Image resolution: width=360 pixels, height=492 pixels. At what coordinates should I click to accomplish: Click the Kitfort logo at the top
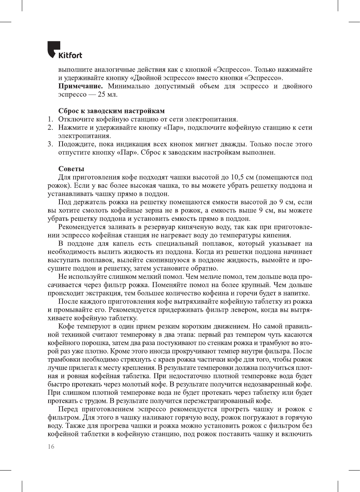[x=64, y=50]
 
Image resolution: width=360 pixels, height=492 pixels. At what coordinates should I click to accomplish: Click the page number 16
[x=51, y=447]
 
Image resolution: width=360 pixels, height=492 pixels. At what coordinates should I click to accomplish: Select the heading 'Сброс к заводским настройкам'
[x=111, y=111]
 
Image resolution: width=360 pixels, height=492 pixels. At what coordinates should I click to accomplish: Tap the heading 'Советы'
[x=71, y=169]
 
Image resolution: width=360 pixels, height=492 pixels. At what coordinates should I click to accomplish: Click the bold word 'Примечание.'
[x=80, y=86]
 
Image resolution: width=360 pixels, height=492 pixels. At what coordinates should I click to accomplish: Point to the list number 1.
[x=50, y=119]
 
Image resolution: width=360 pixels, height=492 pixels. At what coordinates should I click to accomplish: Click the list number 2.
[x=50, y=128]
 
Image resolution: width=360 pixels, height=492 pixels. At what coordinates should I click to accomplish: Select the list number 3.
[x=50, y=144]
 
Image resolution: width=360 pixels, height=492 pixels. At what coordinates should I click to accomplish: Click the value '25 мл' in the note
[x=107, y=94]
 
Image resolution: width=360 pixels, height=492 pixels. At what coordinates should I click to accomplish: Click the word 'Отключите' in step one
[x=75, y=119]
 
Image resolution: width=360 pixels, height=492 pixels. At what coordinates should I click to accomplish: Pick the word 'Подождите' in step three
[x=76, y=144]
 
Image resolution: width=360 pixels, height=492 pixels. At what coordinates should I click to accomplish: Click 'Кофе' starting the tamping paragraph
[x=66, y=326]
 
